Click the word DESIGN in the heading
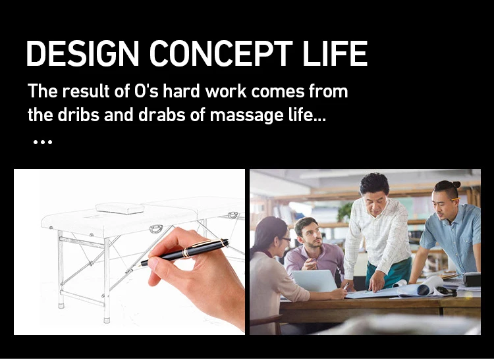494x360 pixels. click(x=82, y=53)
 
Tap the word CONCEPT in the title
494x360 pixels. click(x=221, y=53)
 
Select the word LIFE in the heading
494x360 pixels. click(x=335, y=53)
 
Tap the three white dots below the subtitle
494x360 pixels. click(x=43, y=142)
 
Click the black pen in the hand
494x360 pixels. click(x=184, y=252)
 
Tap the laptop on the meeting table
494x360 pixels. click(x=315, y=280)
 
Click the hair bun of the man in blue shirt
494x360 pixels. click(x=456, y=184)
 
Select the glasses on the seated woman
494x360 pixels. click(x=286, y=240)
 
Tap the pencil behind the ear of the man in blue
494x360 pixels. click(x=455, y=199)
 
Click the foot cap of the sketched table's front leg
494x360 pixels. click(x=107, y=321)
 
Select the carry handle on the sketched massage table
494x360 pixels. click(x=156, y=229)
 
